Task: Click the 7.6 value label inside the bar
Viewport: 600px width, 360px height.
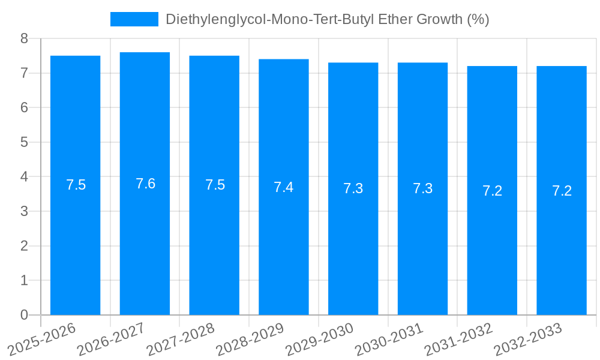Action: (x=145, y=184)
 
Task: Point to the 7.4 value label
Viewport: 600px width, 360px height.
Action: (x=284, y=187)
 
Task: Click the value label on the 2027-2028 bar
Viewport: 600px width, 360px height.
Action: (x=215, y=185)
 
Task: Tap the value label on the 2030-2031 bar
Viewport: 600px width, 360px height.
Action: (x=422, y=188)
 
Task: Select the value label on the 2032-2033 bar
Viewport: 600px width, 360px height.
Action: (x=562, y=191)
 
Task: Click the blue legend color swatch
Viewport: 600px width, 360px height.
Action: (x=134, y=19)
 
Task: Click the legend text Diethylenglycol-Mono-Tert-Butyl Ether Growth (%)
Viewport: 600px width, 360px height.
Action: (x=327, y=19)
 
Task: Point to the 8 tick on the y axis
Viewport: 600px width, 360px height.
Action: (x=24, y=39)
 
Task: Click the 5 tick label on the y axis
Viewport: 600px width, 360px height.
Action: (x=24, y=142)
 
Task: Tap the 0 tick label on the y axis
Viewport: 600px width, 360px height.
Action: (x=24, y=315)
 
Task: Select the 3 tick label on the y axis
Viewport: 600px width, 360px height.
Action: (x=24, y=211)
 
